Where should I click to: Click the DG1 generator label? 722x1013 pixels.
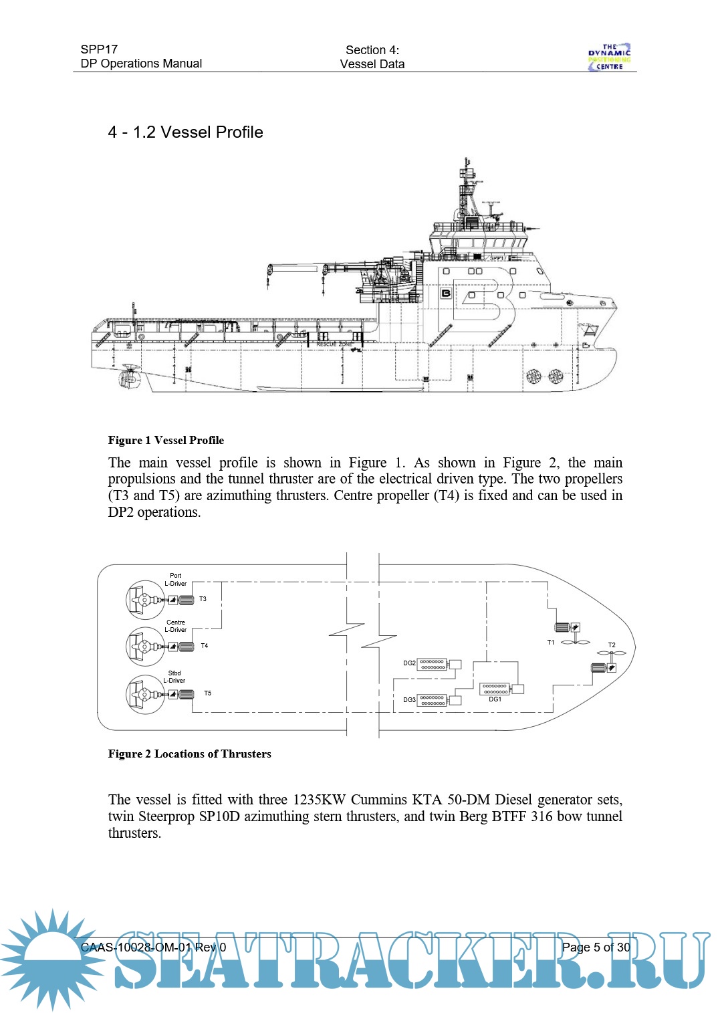pyautogui.click(x=495, y=699)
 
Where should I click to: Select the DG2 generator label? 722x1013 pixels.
pyautogui.click(x=409, y=663)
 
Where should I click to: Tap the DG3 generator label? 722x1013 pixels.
pyautogui.click(x=409, y=700)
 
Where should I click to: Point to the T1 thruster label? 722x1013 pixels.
pyautogui.click(x=551, y=643)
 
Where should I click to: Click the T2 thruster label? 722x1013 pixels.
pyautogui.click(x=612, y=645)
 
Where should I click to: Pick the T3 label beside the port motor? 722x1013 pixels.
pyautogui.click(x=203, y=599)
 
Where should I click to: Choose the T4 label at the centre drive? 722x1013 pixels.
pyautogui.click(x=205, y=646)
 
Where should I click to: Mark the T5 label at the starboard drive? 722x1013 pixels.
pyautogui.click(x=207, y=693)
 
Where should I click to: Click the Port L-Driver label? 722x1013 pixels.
pyautogui.click(x=176, y=580)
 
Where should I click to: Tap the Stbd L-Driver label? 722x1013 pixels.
pyautogui.click(x=174, y=677)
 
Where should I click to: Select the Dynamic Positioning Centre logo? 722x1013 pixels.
pyautogui.click(x=609, y=58)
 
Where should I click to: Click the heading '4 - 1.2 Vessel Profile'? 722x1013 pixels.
pyautogui.click(x=185, y=132)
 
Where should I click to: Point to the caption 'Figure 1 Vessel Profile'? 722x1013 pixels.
pyautogui.click(x=166, y=440)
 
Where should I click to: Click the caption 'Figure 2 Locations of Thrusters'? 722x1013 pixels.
pyautogui.click(x=189, y=754)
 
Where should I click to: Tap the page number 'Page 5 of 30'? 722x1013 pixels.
pyautogui.click(x=596, y=947)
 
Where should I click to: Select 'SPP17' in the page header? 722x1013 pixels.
pyautogui.click(x=99, y=49)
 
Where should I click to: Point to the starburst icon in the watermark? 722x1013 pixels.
pyautogui.click(x=52, y=958)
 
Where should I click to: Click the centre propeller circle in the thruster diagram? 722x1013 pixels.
pyautogui.click(x=145, y=647)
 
